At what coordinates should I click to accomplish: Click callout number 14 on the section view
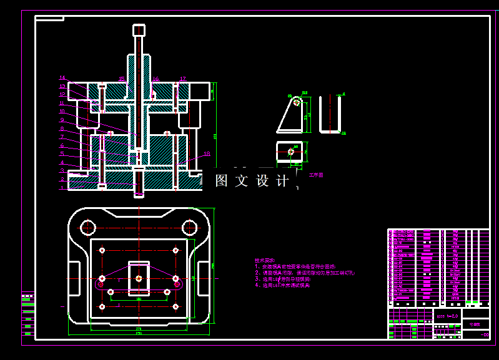click(x=62, y=78)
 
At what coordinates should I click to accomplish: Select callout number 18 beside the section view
click(x=207, y=153)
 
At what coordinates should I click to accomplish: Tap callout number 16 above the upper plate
click(x=156, y=79)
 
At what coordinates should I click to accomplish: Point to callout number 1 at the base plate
click(x=62, y=187)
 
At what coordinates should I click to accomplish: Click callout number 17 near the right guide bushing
click(x=183, y=79)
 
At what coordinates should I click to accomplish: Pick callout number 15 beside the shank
click(x=122, y=79)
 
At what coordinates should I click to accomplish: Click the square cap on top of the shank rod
click(x=139, y=30)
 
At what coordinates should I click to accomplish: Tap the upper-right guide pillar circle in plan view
click(x=189, y=226)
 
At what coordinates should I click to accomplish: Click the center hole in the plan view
click(x=139, y=278)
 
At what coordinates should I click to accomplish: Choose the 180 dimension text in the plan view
click(x=139, y=300)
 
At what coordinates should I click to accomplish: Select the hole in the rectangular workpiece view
click(x=291, y=151)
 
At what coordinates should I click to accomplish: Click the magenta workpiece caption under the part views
click(x=317, y=175)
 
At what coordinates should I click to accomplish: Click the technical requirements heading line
click(x=265, y=260)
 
